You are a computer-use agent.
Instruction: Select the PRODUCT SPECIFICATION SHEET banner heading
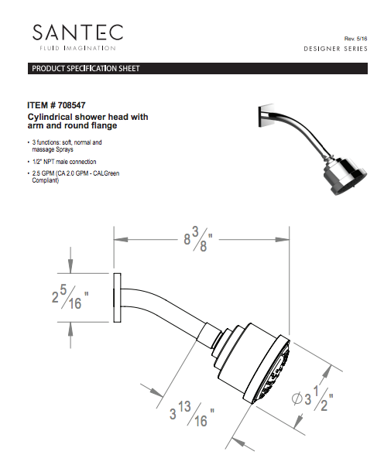click(85, 69)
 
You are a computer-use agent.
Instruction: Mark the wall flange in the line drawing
click(117, 298)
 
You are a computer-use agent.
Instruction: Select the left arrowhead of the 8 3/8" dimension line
click(118, 238)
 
